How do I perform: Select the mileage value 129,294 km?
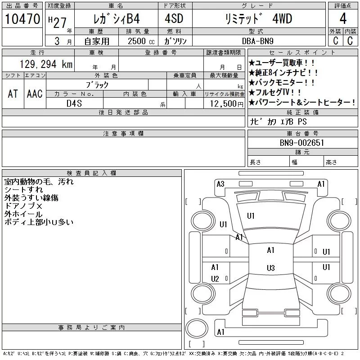point(46,64)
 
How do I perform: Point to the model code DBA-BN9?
point(257,41)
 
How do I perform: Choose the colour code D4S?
point(74,103)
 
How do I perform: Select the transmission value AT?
point(13,94)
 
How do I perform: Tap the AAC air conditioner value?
point(35,94)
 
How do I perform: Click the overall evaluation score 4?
point(343,19)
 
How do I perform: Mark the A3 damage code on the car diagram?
point(220,184)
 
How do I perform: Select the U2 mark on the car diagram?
point(215,279)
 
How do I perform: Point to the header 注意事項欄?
point(123,134)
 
